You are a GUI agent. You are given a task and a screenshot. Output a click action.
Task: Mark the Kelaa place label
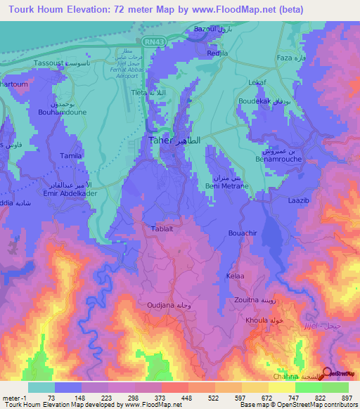235,276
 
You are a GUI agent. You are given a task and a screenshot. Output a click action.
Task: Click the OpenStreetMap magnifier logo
328,373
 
